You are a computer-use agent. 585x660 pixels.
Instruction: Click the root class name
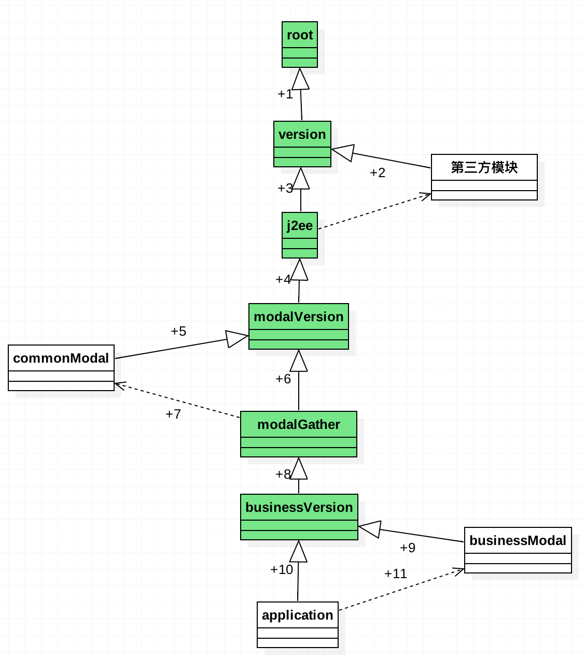tap(300, 35)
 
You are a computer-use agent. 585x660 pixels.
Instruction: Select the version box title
tap(302, 134)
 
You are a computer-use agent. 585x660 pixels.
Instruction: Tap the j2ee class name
tap(300, 225)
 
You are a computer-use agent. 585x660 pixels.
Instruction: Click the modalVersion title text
tap(298, 317)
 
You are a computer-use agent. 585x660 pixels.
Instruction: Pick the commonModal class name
tap(61, 358)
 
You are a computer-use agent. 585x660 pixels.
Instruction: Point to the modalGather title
tap(298, 424)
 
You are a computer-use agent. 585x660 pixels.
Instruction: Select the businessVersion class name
tap(299, 507)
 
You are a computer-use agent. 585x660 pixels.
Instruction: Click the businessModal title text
tap(518, 540)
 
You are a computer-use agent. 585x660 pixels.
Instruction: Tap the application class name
tap(297, 615)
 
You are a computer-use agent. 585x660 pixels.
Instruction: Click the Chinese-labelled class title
tap(484, 167)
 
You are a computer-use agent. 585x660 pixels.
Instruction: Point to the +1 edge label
tap(285, 94)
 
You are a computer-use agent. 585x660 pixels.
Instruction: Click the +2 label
tap(377, 173)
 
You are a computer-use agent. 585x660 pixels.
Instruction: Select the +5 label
tap(178, 331)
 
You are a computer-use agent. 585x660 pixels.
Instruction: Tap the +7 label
tap(173, 414)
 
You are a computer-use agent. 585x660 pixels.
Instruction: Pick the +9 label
tap(407, 548)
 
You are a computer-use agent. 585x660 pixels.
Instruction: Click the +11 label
tap(396, 573)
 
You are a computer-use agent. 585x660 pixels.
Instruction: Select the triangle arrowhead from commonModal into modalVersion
tap(236, 338)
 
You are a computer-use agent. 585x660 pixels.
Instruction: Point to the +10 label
tap(282, 569)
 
